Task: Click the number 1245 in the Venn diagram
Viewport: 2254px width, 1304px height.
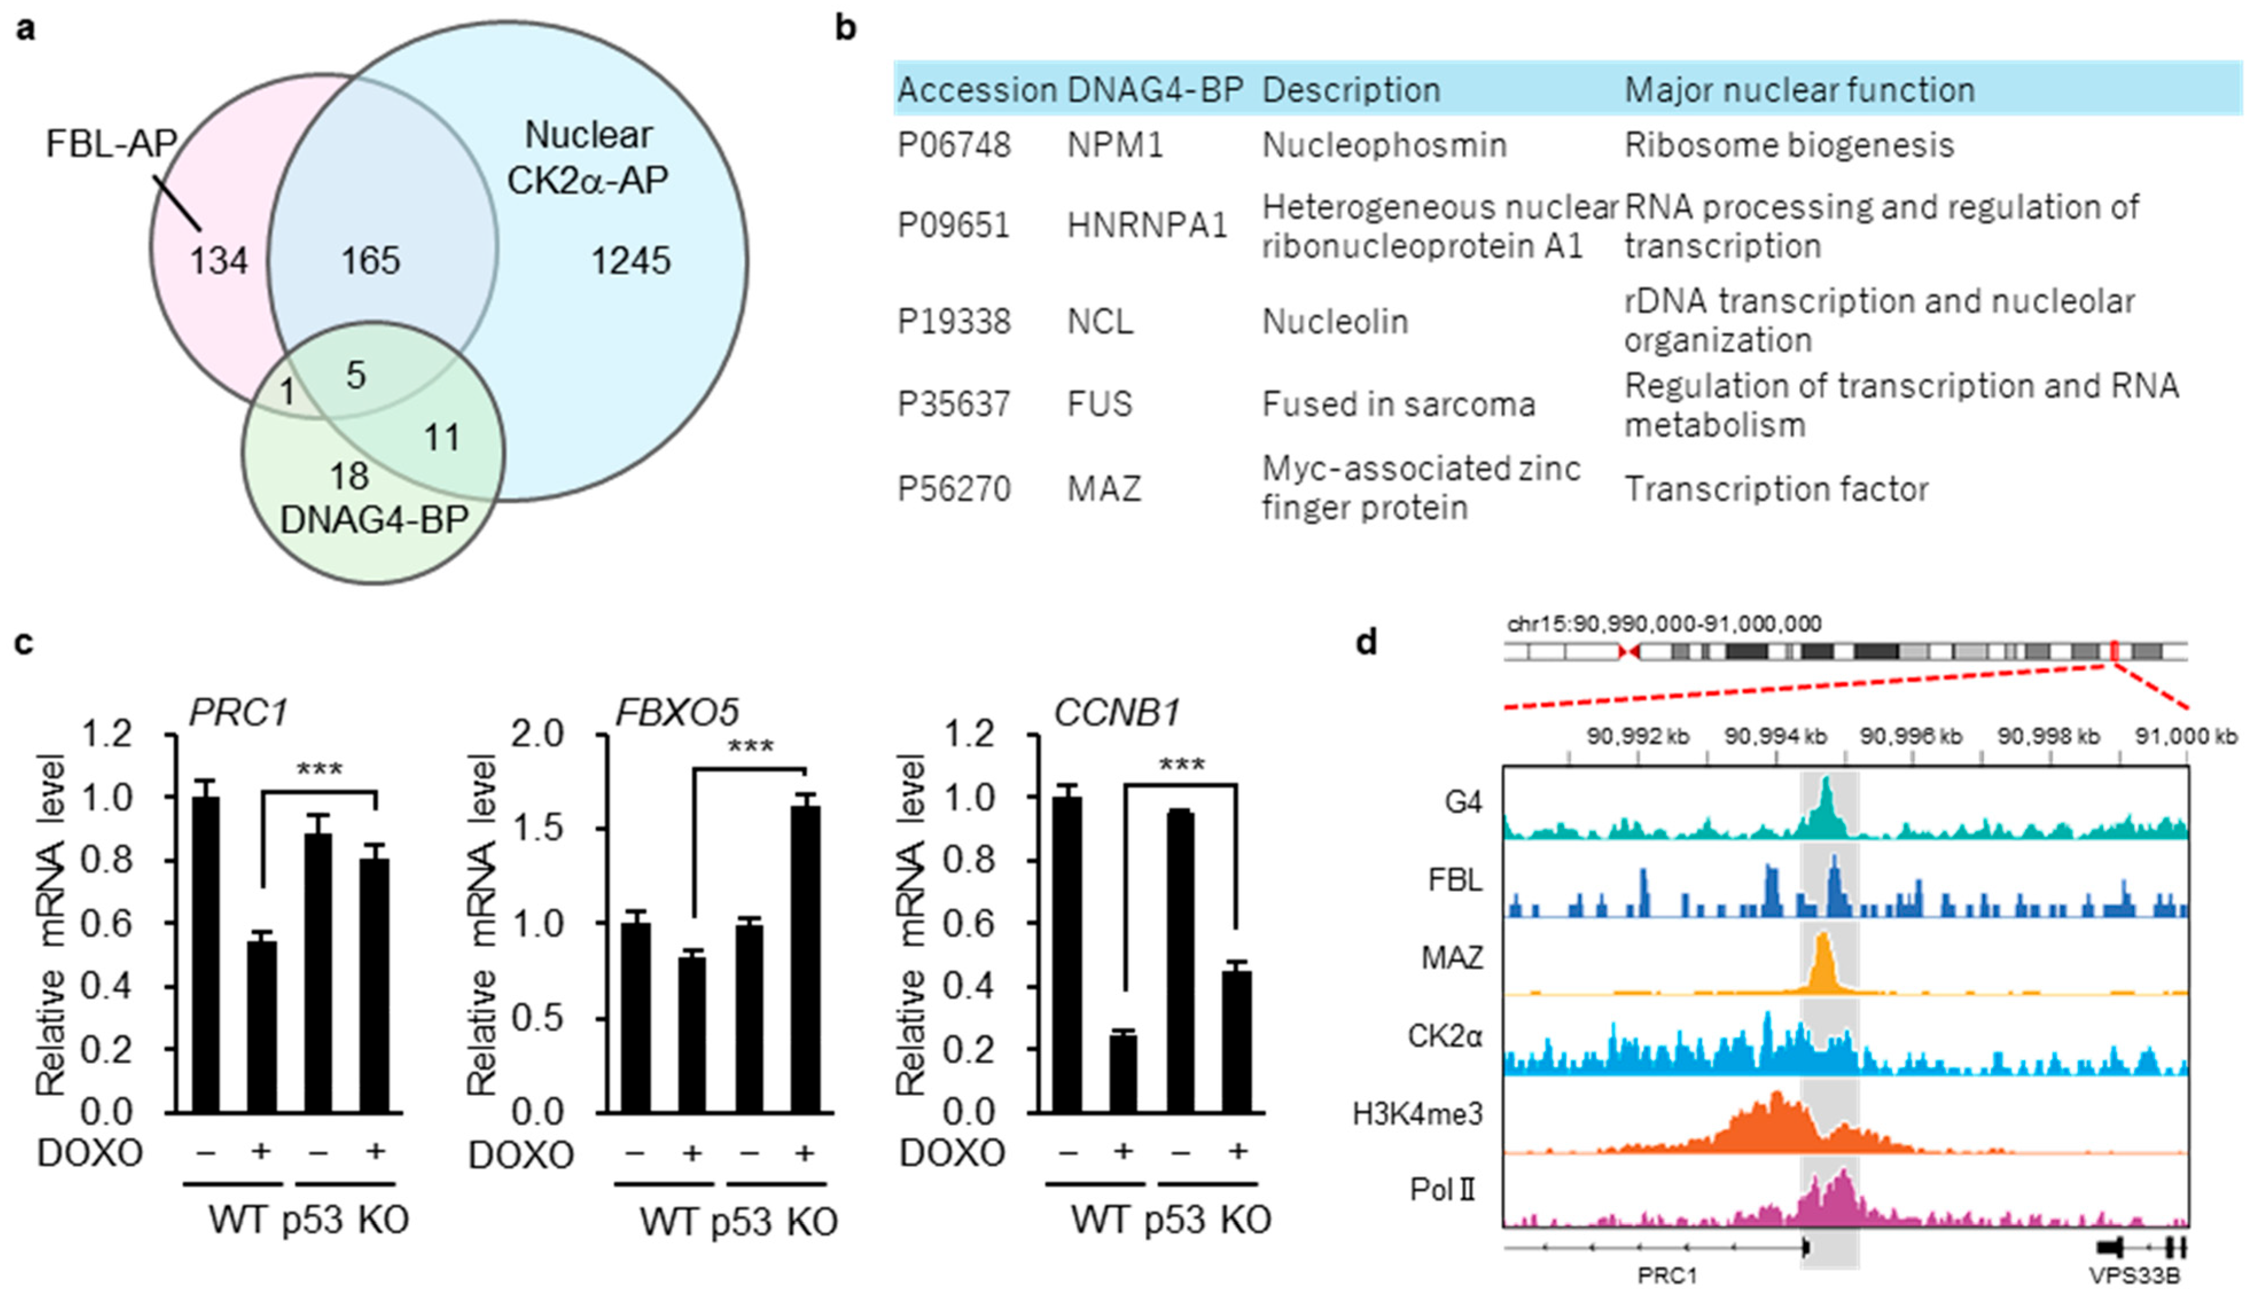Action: point(631,261)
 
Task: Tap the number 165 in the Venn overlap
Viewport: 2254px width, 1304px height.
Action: point(370,261)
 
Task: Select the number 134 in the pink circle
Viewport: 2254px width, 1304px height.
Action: point(218,261)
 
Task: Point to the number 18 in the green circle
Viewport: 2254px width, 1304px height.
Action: point(349,476)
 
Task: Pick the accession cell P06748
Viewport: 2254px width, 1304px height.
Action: point(954,145)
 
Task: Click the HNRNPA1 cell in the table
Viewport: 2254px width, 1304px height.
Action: point(1147,225)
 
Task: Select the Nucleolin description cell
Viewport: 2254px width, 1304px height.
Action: point(1334,321)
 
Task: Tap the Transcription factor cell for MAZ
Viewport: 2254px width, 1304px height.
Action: point(1775,490)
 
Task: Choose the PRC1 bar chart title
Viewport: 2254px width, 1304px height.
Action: point(239,713)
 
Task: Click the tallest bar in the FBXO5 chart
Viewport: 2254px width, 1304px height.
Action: point(805,958)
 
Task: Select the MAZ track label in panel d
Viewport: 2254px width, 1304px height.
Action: point(1452,958)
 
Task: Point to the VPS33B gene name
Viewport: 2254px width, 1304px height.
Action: point(2134,1275)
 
